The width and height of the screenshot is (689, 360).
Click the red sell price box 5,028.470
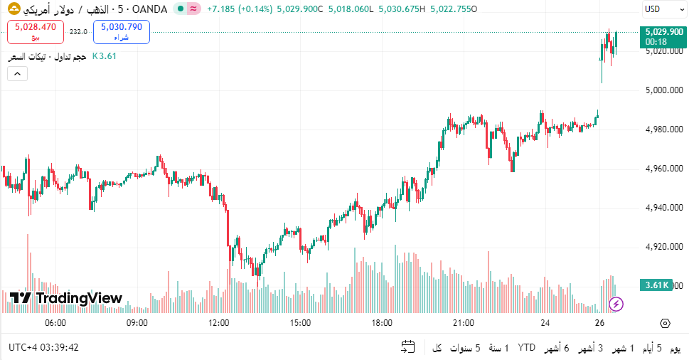pyautogui.click(x=36, y=31)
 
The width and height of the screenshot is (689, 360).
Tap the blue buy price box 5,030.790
pyautogui.click(x=121, y=31)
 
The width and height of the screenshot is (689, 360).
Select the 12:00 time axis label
pyautogui.click(x=218, y=323)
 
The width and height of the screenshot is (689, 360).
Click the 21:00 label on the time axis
pyautogui.click(x=464, y=323)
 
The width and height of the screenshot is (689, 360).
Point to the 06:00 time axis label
pyautogui.click(x=55, y=323)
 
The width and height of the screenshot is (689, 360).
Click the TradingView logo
pyautogui.click(x=66, y=298)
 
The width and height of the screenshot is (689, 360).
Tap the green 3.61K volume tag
pyautogui.click(x=656, y=285)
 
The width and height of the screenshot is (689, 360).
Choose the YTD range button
pyautogui.click(x=526, y=348)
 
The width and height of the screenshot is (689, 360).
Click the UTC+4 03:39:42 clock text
pyautogui.click(x=44, y=348)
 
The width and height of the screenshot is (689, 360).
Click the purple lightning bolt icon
pyautogui.click(x=616, y=305)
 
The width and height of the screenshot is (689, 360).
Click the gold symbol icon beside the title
pyautogui.click(x=14, y=9)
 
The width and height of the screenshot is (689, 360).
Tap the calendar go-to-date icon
pyautogui.click(x=408, y=348)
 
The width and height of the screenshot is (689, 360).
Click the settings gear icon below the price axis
pyautogui.click(x=665, y=323)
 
